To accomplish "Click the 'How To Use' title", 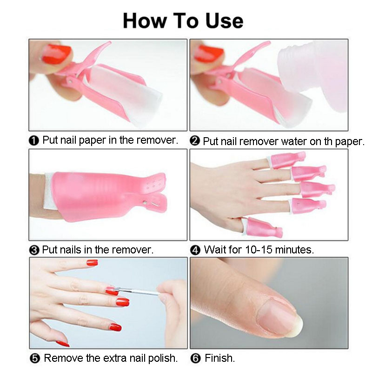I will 183,21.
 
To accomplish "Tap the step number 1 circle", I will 34,140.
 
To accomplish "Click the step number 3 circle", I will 34,250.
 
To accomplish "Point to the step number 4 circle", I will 195,250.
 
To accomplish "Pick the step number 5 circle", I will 34,359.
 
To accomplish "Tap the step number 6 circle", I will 195,359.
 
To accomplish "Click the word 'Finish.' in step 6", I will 219,358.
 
